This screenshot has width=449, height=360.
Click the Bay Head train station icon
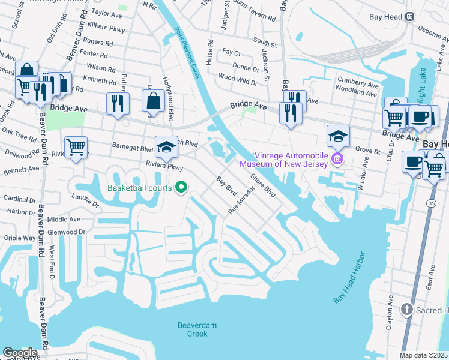pos(411,17)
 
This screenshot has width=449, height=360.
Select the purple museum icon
pos(337,159)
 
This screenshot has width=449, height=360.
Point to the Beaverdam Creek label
pos(192,329)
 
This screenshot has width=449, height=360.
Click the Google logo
pos(19,353)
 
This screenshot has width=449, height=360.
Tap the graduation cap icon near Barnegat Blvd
pos(166,146)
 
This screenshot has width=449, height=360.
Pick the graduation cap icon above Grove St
pos(338,136)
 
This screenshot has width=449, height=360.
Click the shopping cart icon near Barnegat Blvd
pos(76,147)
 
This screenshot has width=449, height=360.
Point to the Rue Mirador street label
pos(242,200)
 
